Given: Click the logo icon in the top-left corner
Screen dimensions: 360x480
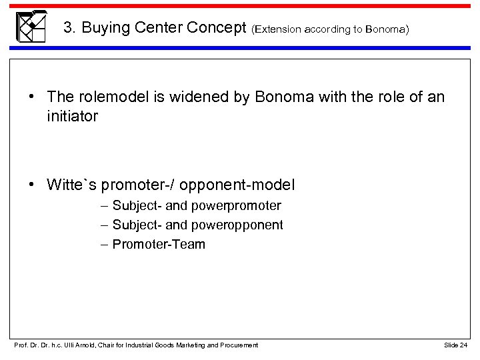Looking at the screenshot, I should pyautogui.click(x=31, y=27).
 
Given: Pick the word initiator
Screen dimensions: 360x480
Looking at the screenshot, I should pyautogui.click(x=73, y=116).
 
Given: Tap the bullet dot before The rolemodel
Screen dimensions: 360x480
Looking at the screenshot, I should pyautogui.click(x=33, y=98).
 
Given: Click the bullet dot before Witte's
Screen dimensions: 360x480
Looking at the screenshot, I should pyautogui.click(x=33, y=185).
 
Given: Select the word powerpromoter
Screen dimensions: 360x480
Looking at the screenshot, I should pyautogui.click(x=239, y=206).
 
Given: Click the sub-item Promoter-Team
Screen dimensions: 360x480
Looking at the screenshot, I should pyautogui.click(x=159, y=245).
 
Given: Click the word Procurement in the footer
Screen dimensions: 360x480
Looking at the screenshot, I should pyautogui.click(x=239, y=344).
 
